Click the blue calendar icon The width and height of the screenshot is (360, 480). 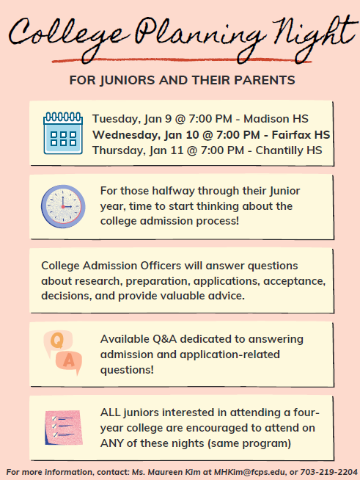coord(63,133)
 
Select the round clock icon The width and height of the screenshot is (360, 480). coord(63,205)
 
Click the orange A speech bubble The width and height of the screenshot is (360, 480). coord(69,362)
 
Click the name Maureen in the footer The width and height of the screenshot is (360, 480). coord(165,471)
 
